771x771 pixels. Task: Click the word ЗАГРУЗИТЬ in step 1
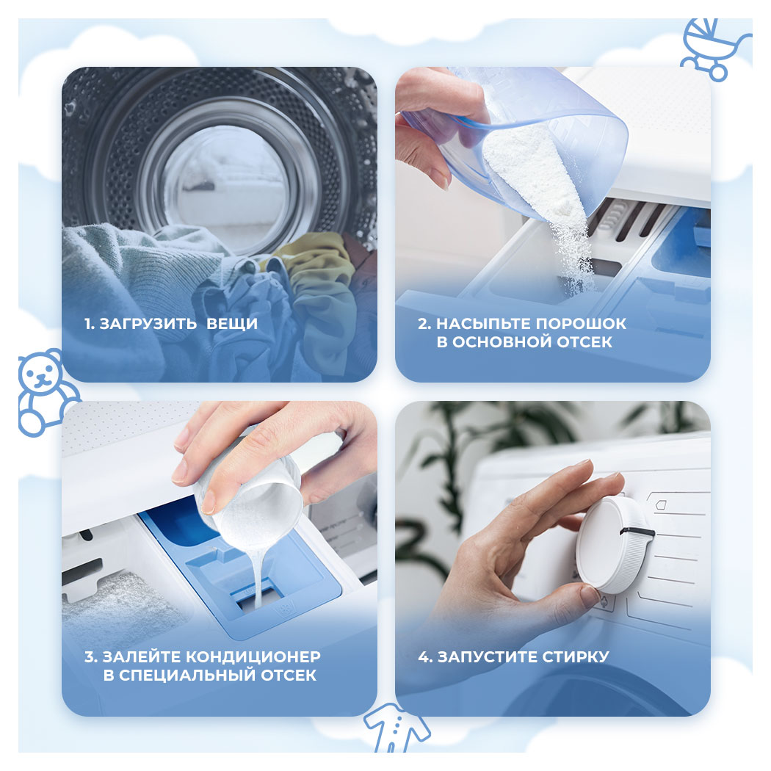[148, 324]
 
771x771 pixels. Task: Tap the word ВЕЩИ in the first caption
[232, 324]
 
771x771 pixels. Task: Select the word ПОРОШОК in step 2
[581, 324]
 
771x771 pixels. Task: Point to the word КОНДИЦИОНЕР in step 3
[253, 657]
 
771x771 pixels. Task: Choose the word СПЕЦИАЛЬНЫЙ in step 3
[187, 676]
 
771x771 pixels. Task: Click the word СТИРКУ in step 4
[576, 657]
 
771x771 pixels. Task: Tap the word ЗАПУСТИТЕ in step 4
[488, 657]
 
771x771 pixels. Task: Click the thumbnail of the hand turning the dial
[553, 558]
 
